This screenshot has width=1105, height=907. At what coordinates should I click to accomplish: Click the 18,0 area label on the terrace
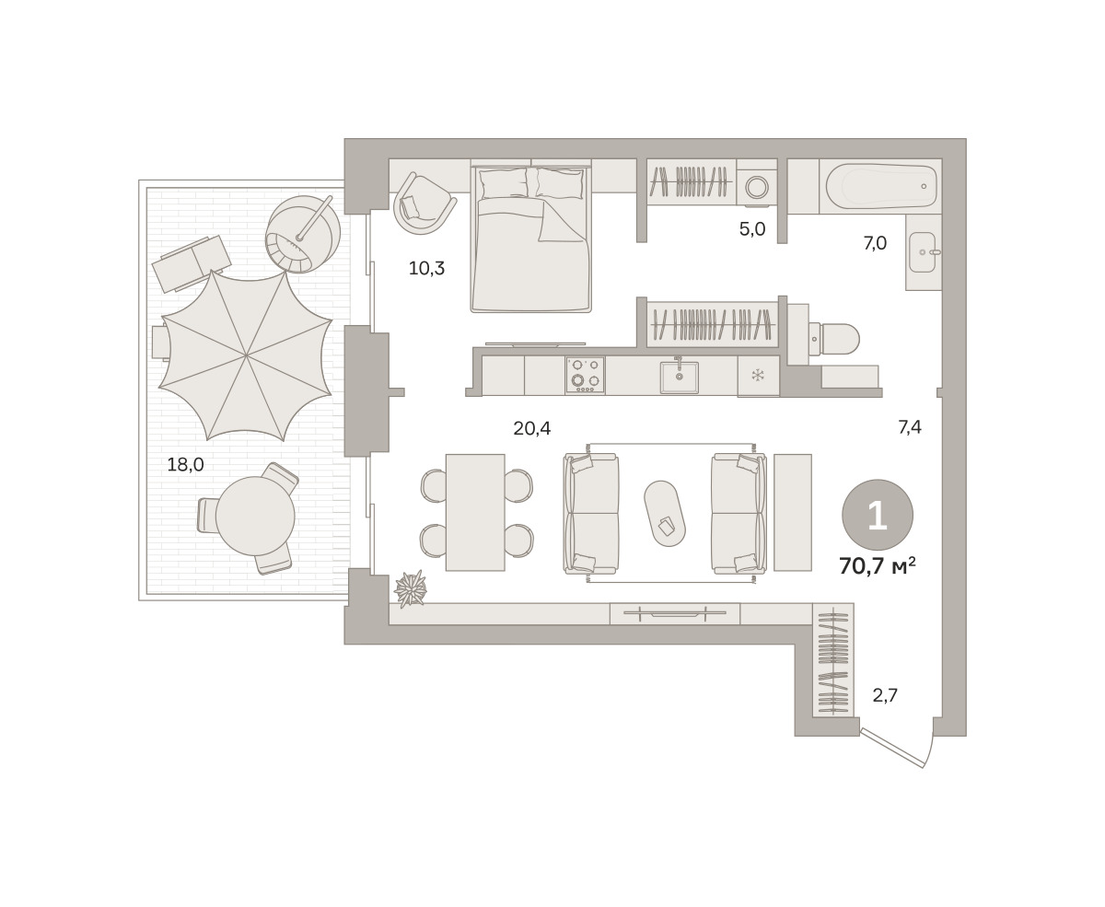(x=185, y=464)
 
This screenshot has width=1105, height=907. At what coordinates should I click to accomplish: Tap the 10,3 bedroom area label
(x=426, y=268)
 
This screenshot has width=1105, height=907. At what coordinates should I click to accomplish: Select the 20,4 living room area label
(x=532, y=428)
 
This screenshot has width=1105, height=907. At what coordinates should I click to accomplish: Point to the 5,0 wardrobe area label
(x=752, y=229)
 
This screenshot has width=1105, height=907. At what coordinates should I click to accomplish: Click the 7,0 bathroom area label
(x=875, y=243)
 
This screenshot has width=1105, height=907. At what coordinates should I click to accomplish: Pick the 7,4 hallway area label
(x=910, y=427)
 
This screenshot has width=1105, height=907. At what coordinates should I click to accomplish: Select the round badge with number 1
(x=878, y=515)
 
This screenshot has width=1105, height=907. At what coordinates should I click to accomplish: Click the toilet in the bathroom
(x=833, y=339)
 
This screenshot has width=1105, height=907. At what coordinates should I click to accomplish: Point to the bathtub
(x=880, y=187)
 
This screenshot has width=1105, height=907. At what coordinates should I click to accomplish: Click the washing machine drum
(x=757, y=187)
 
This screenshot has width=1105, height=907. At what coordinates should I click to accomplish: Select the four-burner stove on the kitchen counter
(x=586, y=375)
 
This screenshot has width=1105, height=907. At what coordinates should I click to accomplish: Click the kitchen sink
(x=679, y=377)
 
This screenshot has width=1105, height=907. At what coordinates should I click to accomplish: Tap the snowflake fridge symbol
(x=758, y=375)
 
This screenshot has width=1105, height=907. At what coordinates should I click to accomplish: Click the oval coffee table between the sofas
(x=665, y=514)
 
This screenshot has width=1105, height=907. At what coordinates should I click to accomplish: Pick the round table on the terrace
(x=255, y=517)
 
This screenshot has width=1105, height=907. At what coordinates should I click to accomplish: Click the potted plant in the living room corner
(x=411, y=588)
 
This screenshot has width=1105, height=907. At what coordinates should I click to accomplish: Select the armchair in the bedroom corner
(x=424, y=203)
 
